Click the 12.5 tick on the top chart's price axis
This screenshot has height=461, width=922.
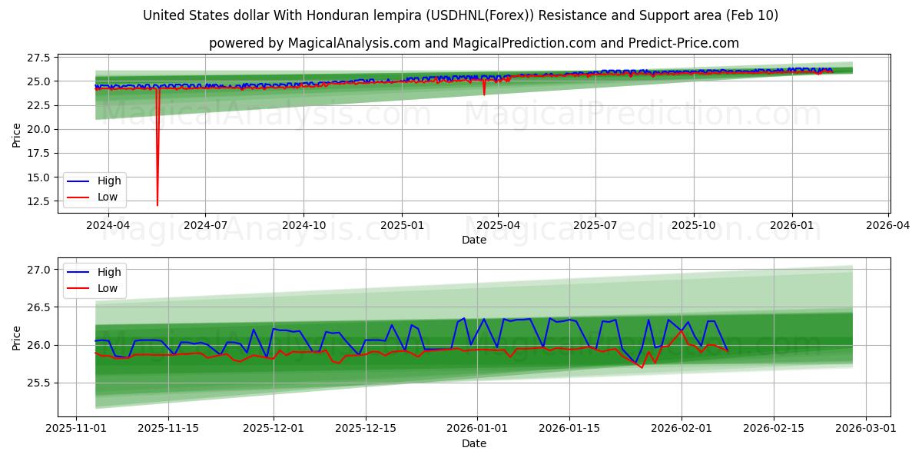pos(39,201)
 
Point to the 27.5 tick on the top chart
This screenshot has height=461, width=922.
pos(39,58)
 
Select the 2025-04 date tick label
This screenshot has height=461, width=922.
pos(498,226)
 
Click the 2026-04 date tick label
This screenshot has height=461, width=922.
pos(889,226)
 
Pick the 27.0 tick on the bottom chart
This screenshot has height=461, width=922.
pos(39,270)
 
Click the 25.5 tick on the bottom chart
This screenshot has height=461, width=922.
pos(39,383)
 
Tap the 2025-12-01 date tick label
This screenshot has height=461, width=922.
pos(274,429)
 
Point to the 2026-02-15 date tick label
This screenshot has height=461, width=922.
pos(774,429)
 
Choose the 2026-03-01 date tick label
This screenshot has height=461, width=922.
pos(867,429)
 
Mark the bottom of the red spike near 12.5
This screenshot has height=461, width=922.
pos(158,205)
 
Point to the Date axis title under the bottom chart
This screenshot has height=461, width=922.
pos(474,443)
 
